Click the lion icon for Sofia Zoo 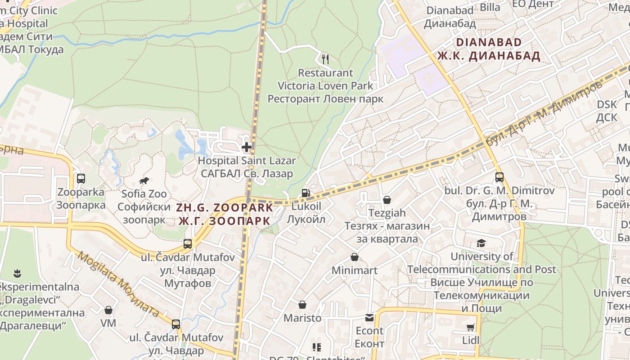(144, 181)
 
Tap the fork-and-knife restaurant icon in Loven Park (325, 59)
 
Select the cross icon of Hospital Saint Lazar (247, 147)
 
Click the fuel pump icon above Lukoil (306, 193)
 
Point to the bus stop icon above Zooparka (81, 179)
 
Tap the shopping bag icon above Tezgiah (387, 199)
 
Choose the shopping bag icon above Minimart (355, 257)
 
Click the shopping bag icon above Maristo (302, 305)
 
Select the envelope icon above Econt (369, 318)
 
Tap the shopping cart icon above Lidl (471, 327)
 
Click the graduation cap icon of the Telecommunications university (481, 243)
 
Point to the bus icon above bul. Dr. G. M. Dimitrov (499, 177)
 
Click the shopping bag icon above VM (108, 310)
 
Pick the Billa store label (490, 7)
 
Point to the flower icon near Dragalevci (17, 273)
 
